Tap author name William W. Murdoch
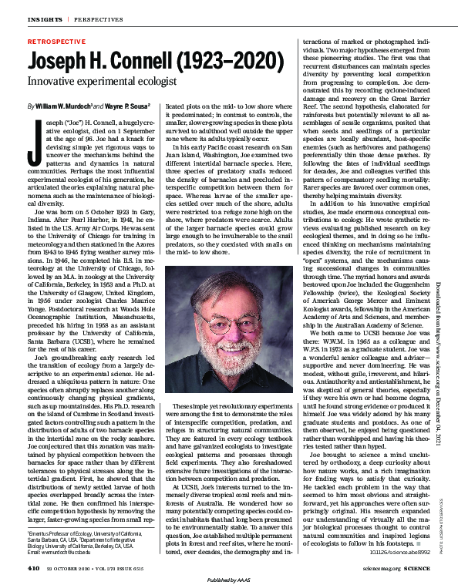pyautogui.click(x=65, y=105)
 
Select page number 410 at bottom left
pyautogui.click(x=33, y=568)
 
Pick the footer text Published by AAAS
pyautogui.click(x=229, y=579)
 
